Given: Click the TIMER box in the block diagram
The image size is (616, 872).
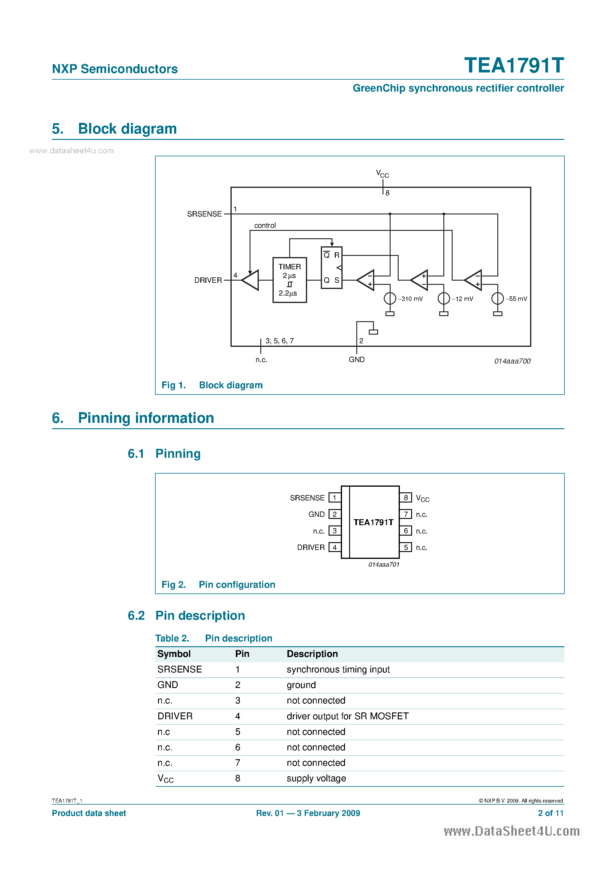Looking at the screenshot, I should point(290,280).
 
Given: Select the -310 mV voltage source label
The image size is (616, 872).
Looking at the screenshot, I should point(410,299).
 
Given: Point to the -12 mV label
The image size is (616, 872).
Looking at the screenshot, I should point(462,299).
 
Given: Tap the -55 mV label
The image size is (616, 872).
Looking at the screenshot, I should point(516,299).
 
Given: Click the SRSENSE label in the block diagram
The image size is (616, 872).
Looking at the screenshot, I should point(204,214).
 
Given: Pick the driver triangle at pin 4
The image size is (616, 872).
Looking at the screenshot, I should point(251,280).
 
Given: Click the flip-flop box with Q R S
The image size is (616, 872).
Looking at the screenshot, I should point(332,268).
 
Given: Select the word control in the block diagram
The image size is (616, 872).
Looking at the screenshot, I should point(265,225).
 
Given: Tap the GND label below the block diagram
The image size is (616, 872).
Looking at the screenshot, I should point(357,360).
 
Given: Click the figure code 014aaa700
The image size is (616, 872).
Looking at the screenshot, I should point(512,361).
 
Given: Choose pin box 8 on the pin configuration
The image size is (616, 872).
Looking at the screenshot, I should point(405,497).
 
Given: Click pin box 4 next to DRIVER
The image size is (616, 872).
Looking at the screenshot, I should point(335,547).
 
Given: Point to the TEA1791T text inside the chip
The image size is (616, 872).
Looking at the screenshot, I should point(373,522).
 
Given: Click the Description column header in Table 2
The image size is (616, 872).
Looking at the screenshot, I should point(312,654).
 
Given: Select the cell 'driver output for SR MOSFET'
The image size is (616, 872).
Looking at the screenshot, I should point(347,716).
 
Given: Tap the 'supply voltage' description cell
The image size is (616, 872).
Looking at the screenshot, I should point(316,779).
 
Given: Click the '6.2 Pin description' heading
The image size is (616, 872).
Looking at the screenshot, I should point(186,616).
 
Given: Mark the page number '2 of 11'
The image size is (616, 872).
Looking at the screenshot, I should point(550,813).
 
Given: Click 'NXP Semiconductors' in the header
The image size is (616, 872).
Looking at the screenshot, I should point(115,69).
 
